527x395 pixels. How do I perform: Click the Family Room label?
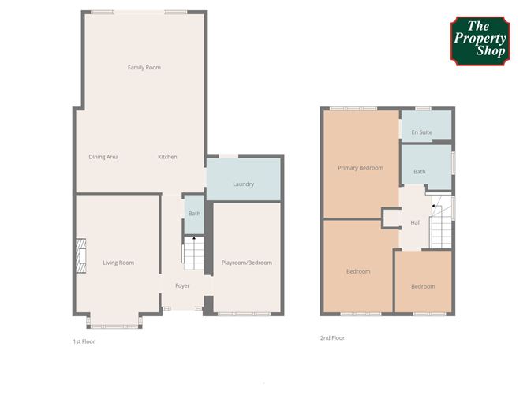click(x=144, y=68)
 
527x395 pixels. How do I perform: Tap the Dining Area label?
click(x=103, y=157)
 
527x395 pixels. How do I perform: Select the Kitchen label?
click(x=167, y=157)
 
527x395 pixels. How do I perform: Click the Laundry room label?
click(x=243, y=184)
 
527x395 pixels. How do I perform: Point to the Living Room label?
click(x=118, y=263)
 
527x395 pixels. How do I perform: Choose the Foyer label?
click(x=182, y=285)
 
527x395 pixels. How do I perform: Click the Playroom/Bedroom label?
click(x=247, y=263)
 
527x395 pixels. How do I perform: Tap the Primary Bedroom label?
click(x=360, y=168)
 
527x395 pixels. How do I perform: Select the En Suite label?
click(x=425, y=132)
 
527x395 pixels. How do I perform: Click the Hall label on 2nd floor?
click(x=415, y=222)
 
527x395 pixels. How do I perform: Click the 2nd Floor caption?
click(x=332, y=338)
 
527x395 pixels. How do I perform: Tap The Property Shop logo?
click(x=480, y=41)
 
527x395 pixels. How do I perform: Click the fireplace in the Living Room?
click(x=79, y=255)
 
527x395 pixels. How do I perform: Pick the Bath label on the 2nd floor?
click(x=420, y=171)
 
